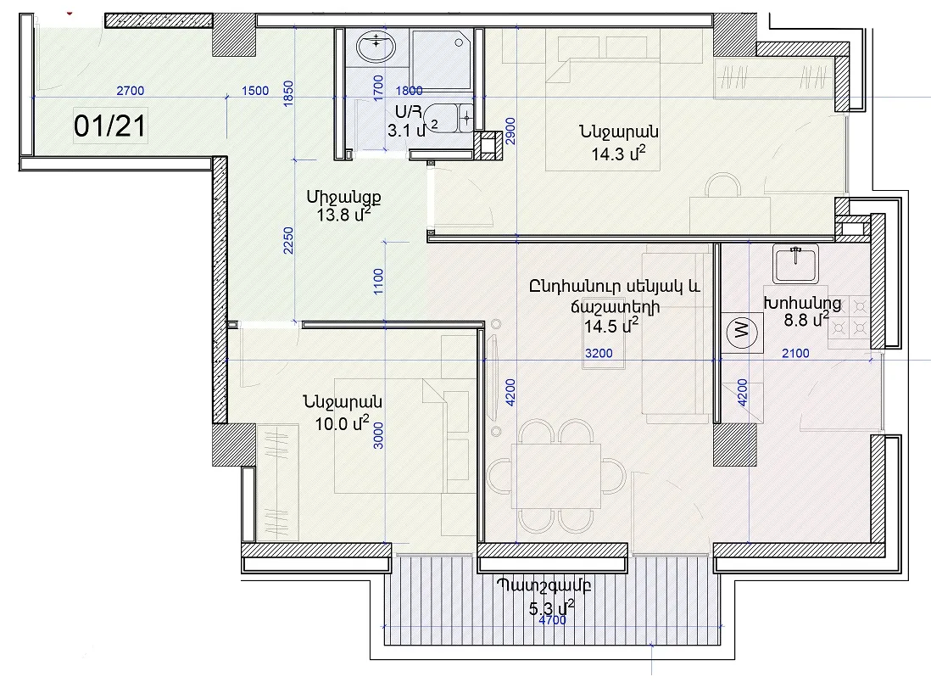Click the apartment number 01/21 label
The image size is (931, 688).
click(x=110, y=126)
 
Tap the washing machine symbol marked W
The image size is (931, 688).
click(x=742, y=330)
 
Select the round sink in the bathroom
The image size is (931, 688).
click(x=376, y=47)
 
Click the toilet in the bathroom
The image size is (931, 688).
click(x=451, y=118)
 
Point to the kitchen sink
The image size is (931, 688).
click(x=796, y=264)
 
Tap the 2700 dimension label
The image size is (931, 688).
click(x=130, y=91)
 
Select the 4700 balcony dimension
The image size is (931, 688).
click(x=552, y=620)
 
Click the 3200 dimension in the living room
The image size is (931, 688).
click(x=599, y=354)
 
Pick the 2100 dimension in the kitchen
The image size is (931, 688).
click(x=795, y=354)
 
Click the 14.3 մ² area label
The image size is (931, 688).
click(x=618, y=154)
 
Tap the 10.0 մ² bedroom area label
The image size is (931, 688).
click(x=342, y=423)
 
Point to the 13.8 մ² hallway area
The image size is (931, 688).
click(x=343, y=214)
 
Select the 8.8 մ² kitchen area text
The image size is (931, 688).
click(x=806, y=320)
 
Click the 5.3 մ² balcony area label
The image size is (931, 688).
click(x=552, y=607)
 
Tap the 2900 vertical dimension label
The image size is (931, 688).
click(x=510, y=131)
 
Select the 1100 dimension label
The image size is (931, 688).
click(x=378, y=281)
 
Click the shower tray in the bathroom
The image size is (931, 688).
click(x=443, y=59)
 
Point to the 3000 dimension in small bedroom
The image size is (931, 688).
click(x=378, y=435)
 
